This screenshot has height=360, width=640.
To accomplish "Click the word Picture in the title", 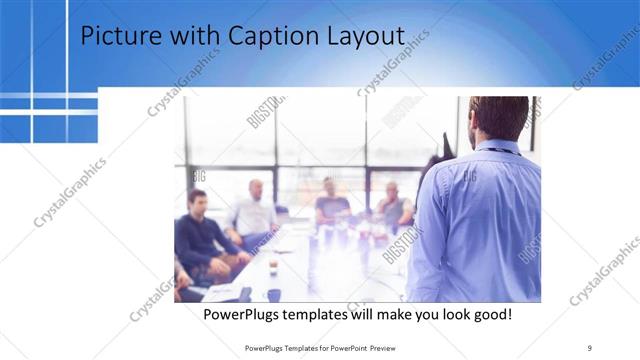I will [x=115, y=36].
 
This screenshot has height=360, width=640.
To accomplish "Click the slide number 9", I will [x=590, y=347].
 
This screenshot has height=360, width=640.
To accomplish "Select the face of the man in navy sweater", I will [x=198, y=200].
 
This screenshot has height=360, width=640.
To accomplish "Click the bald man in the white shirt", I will [x=254, y=210].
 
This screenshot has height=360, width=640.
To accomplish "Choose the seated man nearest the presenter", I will [x=394, y=205].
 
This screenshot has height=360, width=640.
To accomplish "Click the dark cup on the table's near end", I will [x=274, y=294].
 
